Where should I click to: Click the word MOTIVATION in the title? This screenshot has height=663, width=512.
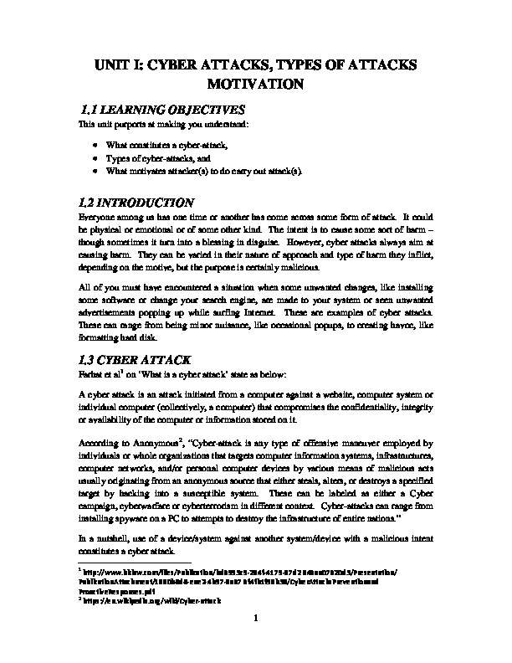coord(256,85)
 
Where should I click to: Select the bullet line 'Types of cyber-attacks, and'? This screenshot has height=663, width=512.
coord(151,157)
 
